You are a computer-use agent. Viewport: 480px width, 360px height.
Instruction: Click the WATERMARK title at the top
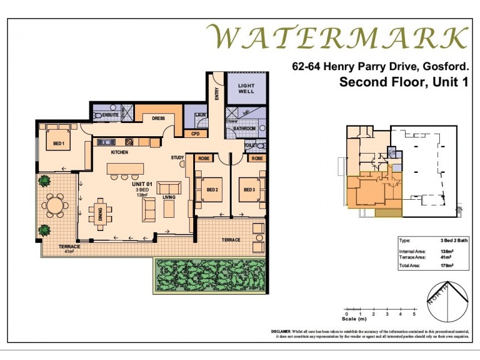coord(337,37)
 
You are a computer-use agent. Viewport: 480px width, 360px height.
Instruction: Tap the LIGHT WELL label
coord(247,89)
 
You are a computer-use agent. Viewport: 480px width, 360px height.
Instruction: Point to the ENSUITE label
coord(110,113)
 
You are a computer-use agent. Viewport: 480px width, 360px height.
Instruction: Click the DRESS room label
coord(159,118)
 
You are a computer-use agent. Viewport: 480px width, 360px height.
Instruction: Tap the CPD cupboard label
coord(195,134)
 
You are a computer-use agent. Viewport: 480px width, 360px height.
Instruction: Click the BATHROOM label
coord(244,128)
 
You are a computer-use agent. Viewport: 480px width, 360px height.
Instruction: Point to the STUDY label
coord(177,158)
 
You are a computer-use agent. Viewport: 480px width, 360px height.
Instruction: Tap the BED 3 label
coord(249,190)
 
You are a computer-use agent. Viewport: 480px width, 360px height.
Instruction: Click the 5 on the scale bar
coord(414,314)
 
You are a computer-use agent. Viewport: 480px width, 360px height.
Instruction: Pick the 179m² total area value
coord(446,265)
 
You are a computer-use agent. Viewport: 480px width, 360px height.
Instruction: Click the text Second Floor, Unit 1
coord(403,82)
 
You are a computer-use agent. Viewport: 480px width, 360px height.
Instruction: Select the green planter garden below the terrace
coord(210,275)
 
